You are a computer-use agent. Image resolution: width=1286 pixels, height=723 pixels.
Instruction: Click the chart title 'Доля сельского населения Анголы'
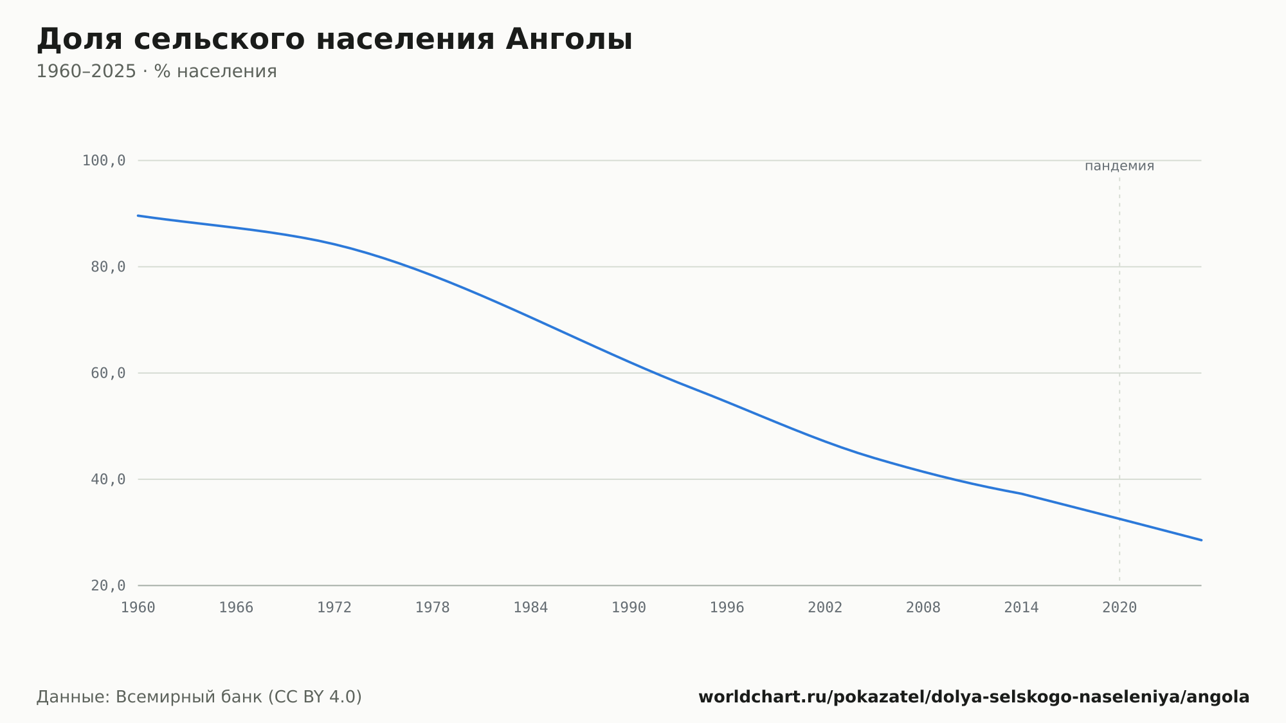point(334,40)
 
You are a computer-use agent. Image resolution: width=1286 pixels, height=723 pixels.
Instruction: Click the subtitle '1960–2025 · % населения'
point(156,71)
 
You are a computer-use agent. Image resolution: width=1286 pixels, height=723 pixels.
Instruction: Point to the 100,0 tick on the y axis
point(104,161)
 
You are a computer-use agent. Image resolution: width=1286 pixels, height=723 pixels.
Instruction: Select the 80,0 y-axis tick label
point(108,267)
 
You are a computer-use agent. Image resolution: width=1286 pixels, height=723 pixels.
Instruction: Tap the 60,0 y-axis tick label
point(108,373)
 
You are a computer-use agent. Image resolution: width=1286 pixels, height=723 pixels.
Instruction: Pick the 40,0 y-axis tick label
point(108,479)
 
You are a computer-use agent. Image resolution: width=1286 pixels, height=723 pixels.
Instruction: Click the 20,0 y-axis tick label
point(108,585)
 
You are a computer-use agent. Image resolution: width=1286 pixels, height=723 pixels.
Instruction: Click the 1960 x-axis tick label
point(138,608)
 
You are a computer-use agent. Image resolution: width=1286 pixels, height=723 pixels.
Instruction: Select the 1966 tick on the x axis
point(236,608)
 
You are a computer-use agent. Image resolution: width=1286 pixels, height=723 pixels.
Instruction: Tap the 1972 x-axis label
point(334,608)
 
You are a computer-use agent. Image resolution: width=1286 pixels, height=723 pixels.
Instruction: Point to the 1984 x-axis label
point(530,608)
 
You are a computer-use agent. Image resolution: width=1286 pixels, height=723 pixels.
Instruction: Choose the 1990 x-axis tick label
point(629,608)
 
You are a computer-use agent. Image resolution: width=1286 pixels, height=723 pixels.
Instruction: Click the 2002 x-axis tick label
point(825,608)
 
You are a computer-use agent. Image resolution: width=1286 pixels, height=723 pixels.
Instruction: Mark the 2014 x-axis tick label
point(1021,608)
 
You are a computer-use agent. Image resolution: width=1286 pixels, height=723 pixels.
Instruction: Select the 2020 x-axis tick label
point(1119,608)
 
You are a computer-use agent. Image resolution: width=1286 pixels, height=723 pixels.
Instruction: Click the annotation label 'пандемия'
point(1119,166)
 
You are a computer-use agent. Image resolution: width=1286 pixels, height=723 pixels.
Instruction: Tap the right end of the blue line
point(1201,540)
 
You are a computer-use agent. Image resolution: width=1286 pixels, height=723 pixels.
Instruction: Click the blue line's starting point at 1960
point(138,215)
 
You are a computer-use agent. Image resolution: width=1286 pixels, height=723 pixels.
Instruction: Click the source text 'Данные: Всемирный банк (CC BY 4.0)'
point(199,697)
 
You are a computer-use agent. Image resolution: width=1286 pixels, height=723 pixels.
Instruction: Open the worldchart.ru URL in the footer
point(974,697)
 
